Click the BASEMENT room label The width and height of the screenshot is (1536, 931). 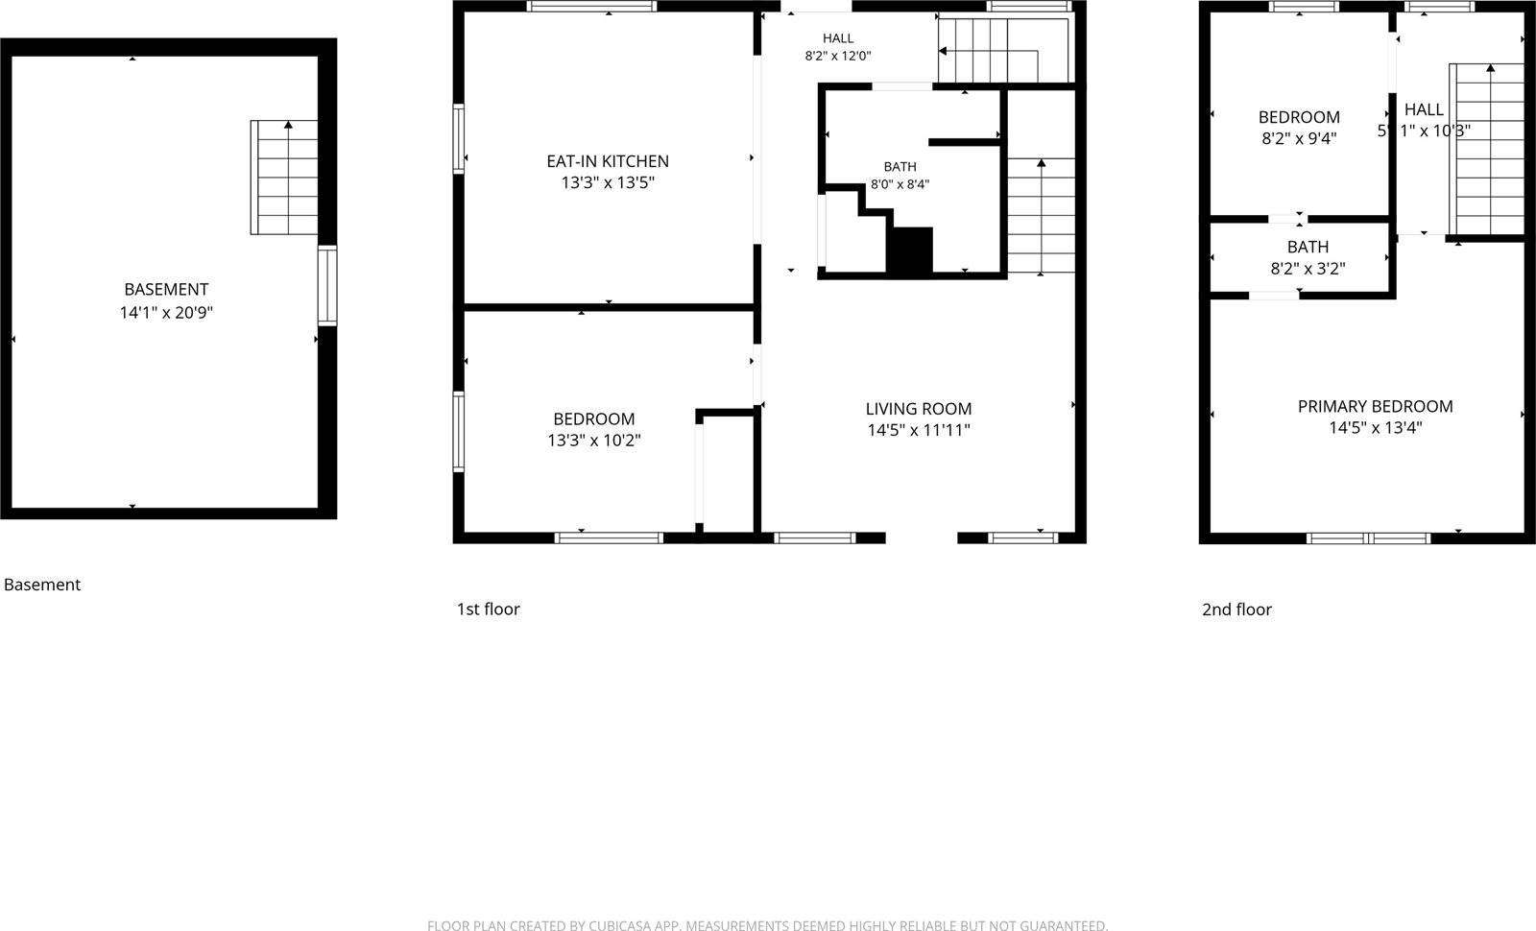166,289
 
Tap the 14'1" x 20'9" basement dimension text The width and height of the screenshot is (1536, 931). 166,313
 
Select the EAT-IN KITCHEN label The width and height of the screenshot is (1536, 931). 608,161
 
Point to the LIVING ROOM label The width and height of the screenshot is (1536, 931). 918,409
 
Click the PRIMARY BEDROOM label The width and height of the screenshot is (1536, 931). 1375,407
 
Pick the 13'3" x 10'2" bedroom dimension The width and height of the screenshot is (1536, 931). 594,441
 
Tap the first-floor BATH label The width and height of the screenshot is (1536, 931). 900,167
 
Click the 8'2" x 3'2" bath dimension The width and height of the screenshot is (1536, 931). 1308,269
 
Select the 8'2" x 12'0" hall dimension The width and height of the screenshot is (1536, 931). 838,57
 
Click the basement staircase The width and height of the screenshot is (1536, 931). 284,178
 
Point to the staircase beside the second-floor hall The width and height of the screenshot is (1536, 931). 1487,150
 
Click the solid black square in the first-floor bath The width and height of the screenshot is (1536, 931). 911,251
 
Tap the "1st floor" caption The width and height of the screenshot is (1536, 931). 489,609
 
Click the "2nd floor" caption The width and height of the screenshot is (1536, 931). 1236,609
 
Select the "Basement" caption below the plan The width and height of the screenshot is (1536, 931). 42,585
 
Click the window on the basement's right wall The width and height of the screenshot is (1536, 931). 327,285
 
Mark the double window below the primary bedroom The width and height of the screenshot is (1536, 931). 1368,538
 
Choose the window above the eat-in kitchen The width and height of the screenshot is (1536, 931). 591,6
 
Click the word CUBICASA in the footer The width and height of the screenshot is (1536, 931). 613,925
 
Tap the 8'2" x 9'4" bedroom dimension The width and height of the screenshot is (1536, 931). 1299,138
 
